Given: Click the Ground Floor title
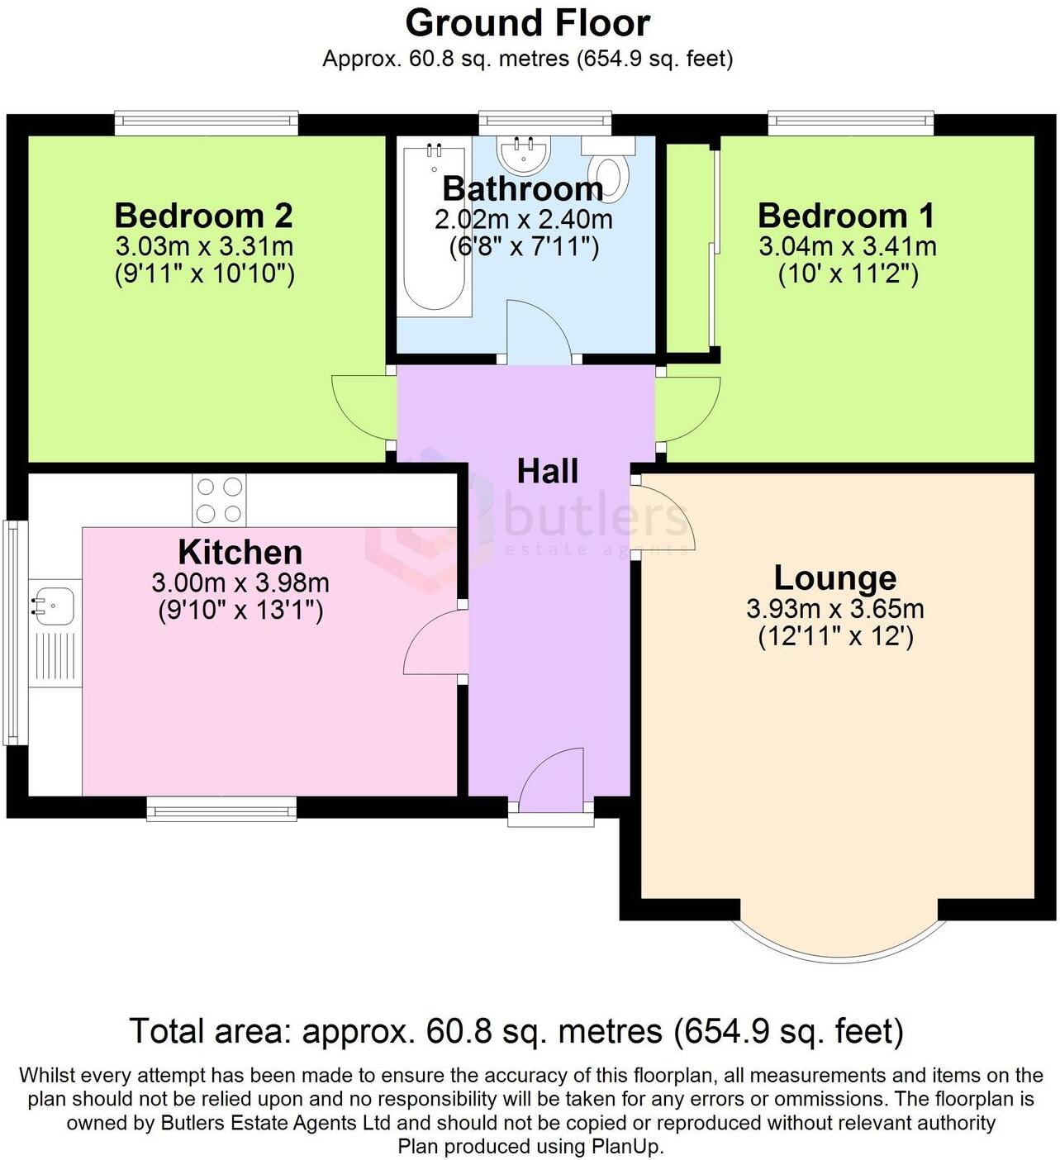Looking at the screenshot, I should pos(527,23).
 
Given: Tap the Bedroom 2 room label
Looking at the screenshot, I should pos(203,216).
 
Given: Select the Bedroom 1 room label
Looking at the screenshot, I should pos(846,216).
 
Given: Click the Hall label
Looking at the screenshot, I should pos(547,472).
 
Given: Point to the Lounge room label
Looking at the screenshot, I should pos(834,578).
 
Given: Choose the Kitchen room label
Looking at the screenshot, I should pos(240,552).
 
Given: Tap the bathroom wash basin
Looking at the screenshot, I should pos(522,152).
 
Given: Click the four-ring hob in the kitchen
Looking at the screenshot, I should pos(220,500).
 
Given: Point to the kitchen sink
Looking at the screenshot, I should pos(50,607).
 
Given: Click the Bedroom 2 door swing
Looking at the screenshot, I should pos(362,407).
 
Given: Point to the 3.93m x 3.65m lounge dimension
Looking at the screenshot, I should pos(834,610).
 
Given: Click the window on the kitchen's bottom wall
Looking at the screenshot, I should pos(221,809).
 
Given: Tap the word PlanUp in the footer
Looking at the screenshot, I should pos(626,1147).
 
